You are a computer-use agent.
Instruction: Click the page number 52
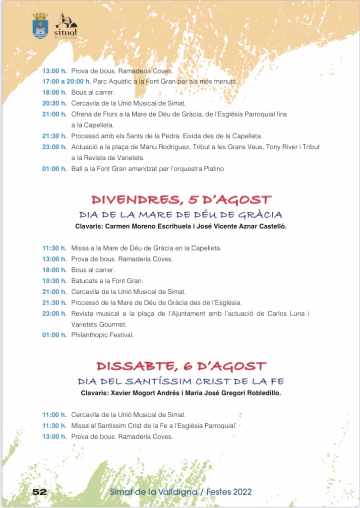(39, 492)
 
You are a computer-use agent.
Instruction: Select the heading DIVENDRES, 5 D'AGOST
(181, 200)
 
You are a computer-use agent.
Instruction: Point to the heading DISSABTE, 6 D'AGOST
(181, 367)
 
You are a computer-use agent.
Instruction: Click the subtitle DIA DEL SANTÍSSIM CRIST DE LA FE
(181, 381)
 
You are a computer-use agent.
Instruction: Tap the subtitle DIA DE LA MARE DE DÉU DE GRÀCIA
(181, 215)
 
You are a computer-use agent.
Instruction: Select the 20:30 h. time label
(54, 103)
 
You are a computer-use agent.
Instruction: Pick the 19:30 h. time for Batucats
(54, 281)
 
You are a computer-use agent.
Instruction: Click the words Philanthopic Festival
(103, 335)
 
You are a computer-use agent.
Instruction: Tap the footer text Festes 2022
(229, 492)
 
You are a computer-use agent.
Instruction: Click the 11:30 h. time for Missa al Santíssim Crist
(54, 426)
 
